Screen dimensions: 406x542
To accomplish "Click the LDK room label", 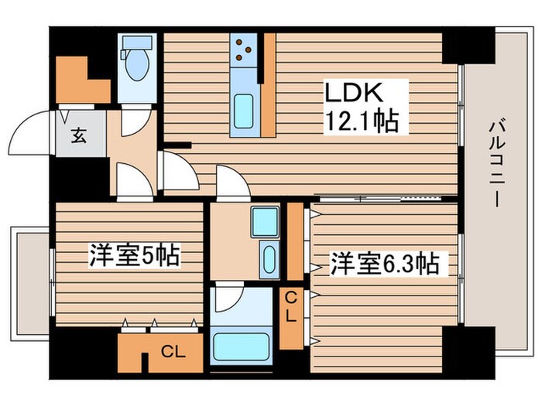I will (x=354, y=93).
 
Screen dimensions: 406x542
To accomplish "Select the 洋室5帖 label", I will (x=135, y=257).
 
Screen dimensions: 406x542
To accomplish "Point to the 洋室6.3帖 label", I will (x=385, y=264).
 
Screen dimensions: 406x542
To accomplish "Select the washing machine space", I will (x=264, y=223).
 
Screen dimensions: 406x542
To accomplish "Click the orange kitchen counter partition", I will (x=269, y=85).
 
